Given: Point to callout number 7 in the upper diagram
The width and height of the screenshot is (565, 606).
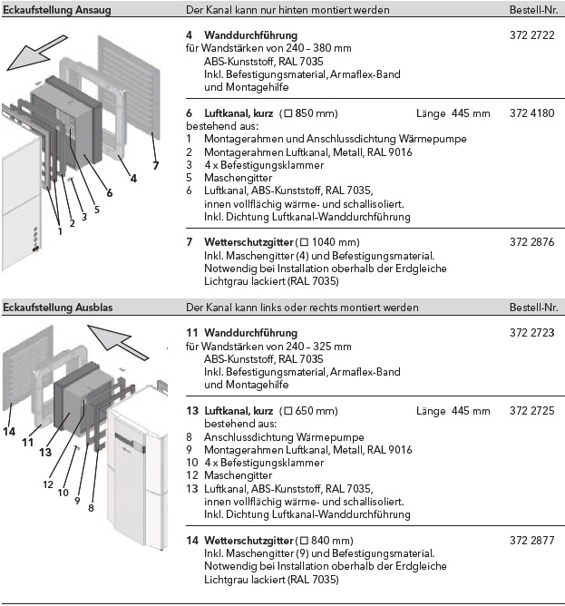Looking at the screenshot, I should click(x=155, y=166).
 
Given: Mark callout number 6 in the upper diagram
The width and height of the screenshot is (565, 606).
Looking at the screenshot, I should click(x=110, y=192).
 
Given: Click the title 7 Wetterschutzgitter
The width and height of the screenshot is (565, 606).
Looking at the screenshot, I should click(x=229, y=242).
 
